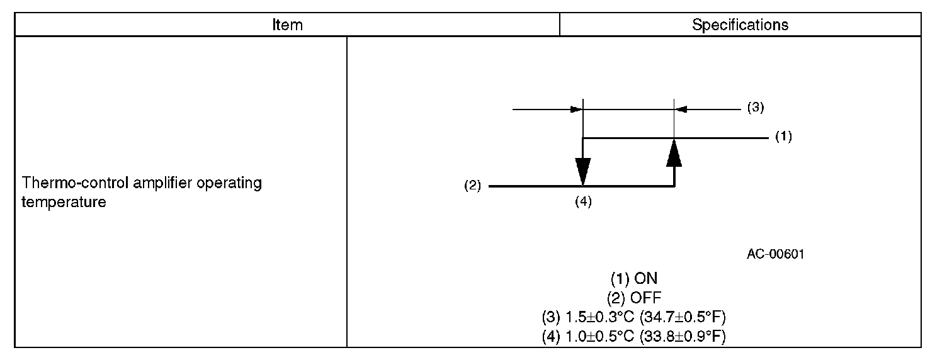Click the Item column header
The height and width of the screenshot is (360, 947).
coord(287,25)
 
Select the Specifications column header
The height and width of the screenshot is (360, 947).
coord(740,25)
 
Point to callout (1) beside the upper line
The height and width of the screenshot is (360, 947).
coord(783,137)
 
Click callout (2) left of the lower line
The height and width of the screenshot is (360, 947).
coord(472,186)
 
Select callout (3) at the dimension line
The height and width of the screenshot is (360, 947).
coord(756,108)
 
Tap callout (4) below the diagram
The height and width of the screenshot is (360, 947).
coord(584,202)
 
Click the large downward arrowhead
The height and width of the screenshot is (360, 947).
coord(584,171)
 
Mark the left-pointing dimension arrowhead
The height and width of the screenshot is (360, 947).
coord(683,109)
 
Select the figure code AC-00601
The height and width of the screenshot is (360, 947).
coord(776,254)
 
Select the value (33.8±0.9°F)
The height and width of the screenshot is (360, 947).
coord(683,336)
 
